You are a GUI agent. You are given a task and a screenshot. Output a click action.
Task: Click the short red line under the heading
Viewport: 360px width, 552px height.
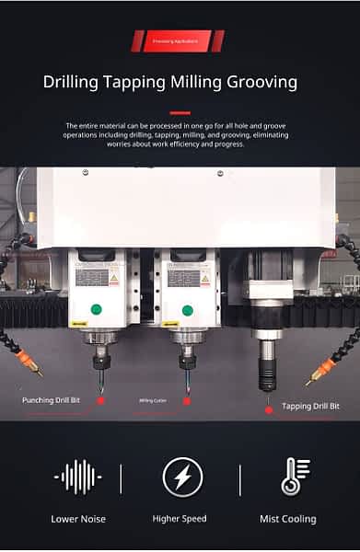pos(180,112)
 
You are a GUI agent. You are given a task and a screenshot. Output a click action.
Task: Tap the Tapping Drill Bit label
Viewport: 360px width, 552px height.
pos(310,407)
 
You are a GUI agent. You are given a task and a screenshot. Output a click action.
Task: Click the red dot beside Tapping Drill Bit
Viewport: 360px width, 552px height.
pos(269,409)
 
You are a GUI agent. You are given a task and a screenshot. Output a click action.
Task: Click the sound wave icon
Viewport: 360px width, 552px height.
pos(77,477)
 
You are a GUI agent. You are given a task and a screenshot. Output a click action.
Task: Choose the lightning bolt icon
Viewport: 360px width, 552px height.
pos(180,477)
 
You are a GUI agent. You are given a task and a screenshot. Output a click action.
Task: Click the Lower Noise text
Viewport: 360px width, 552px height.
pos(78,519)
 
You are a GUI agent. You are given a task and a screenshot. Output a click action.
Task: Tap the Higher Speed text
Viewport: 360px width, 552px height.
pos(180,519)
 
